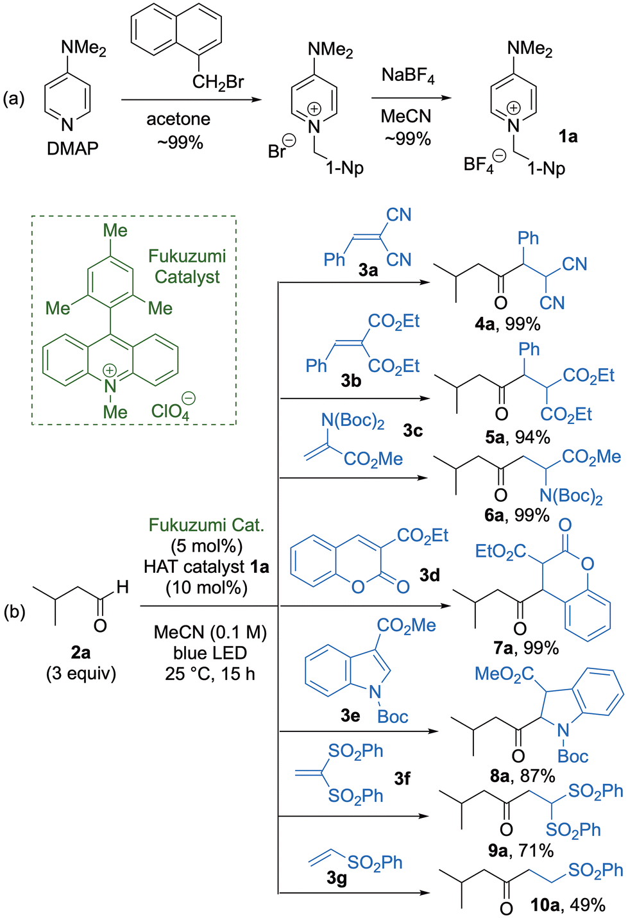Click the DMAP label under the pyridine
click(72, 149)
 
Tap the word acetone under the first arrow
click(178, 119)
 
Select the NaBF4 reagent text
click(408, 76)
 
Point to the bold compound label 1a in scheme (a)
click(568, 137)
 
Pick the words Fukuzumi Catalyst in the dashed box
click(187, 266)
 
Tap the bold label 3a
click(368, 271)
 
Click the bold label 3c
click(412, 430)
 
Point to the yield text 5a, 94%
click(517, 438)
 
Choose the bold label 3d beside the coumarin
click(430, 575)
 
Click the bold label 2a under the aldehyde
click(81, 652)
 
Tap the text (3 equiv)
click(81, 674)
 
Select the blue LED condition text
click(210, 653)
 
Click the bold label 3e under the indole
click(350, 715)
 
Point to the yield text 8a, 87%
click(523, 776)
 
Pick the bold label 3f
click(402, 778)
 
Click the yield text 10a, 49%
click(568, 905)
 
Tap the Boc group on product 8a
click(573, 756)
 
